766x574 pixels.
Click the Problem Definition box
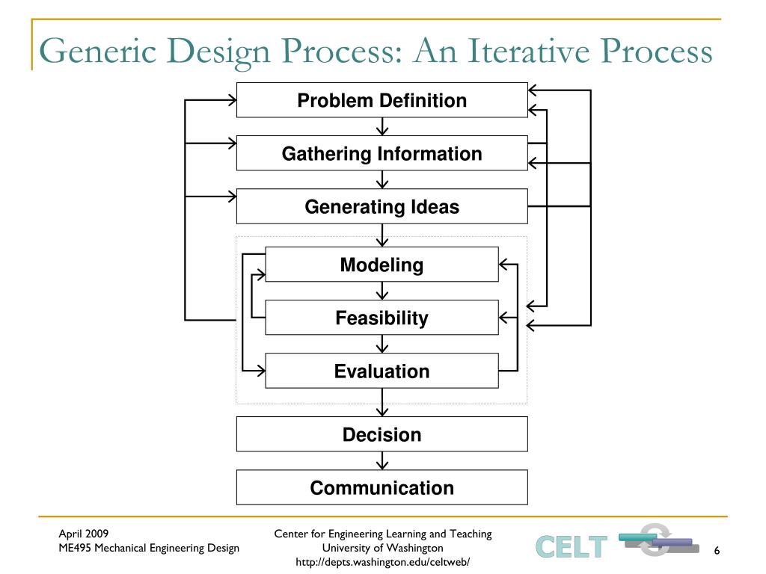tap(382, 100)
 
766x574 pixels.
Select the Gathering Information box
tap(382, 154)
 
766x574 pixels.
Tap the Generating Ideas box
tap(382, 207)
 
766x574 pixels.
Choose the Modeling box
tap(382, 265)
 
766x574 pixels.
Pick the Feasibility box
tap(382, 318)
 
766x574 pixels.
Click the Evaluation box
tap(382, 371)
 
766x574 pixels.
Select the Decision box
tap(382, 434)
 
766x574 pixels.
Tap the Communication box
tap(382, 487)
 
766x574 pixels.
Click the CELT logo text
tap(571, 547)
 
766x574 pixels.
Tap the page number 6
tap(717, 551)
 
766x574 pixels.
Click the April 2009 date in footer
tap(84, 534)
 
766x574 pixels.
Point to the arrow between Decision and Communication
tap(382, 460)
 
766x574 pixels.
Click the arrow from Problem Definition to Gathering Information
tap(382, 126)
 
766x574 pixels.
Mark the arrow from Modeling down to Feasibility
tap(382, 291)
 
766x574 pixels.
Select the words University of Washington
tap(383, 548)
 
